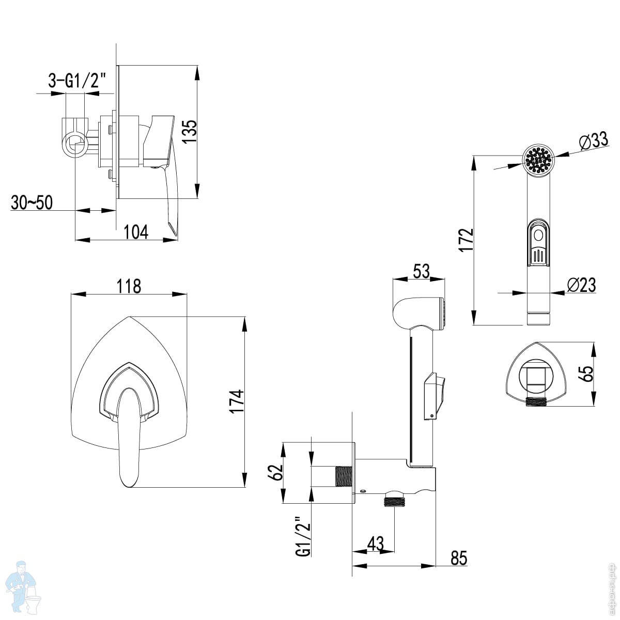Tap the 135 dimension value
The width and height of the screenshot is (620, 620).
(190, 132)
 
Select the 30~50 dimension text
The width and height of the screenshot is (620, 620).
(32, 203)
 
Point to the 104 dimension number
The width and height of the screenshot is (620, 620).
(136, 232)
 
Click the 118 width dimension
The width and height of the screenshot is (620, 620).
(128, 286)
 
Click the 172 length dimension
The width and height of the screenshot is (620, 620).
(466, 240)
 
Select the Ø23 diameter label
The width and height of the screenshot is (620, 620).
(581, 285)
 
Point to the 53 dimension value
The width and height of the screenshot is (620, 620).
(421, 271)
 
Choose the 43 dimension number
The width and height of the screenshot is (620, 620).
(376, 544)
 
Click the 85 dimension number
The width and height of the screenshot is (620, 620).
(458, 558)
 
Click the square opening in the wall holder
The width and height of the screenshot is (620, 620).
(537, 377)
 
